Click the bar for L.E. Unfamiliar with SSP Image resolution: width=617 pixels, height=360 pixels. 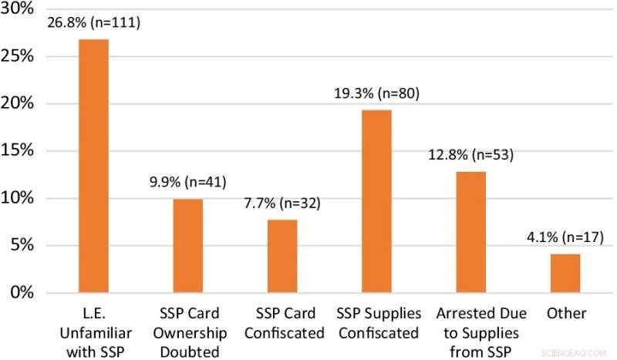pyautogui.click(x=93, y=166)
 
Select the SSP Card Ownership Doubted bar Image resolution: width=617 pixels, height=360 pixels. pyautogui.click(x=187, y=246)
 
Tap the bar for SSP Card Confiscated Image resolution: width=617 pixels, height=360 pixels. pyautogui.click(x=282, y=256)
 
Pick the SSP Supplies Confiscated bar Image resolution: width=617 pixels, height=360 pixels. pyautogui.click(x=376, y=201)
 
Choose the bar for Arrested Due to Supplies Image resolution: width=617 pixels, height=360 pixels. pyautogui.click(x=470, y=232)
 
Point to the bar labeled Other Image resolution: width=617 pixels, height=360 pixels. pyautogui.click(x=565, y=274)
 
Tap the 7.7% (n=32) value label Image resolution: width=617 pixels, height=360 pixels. pyautogui.click(x=282, y=204)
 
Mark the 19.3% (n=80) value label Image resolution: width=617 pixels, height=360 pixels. pyautogui.click(x=376, y=95)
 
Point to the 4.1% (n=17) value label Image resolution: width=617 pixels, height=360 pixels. pyautogui.click(x=565, y=238)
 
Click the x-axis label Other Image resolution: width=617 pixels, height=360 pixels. pyautogui.click(x=565, y=314)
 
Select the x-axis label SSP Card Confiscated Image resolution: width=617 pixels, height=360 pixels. pyautogui.click(x=282, y=323)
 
